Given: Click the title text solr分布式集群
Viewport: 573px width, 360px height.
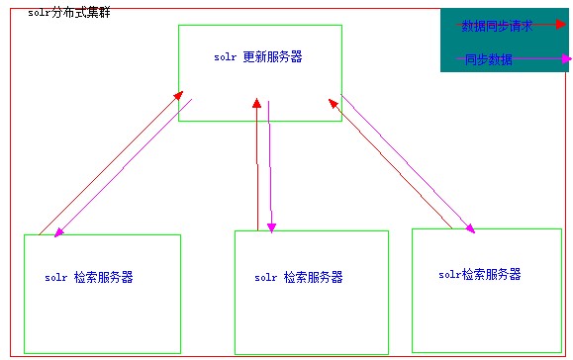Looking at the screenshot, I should point(68,11).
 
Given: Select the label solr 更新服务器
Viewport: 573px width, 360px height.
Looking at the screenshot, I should point(257,57).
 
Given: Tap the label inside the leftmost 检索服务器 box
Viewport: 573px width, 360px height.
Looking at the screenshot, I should point(89,278).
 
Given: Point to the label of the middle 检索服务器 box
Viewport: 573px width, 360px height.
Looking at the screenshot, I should point(299,278).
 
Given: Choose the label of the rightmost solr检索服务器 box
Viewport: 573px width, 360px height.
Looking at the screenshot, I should point(479,274).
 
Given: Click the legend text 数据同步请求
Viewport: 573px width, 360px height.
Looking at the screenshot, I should point(498,27).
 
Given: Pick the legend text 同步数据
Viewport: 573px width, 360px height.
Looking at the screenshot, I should point(489,60).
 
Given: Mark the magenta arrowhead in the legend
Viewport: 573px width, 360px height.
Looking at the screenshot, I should point(565,58).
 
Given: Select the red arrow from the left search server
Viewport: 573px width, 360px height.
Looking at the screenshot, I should point(109,163).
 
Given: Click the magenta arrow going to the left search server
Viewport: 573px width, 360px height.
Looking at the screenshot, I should point(124,168).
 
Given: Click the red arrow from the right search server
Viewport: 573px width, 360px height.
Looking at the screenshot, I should point(396,168).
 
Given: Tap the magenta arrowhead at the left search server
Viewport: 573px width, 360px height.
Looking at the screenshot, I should point(59,233).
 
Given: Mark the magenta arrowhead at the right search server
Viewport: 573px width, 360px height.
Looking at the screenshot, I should point(470,229).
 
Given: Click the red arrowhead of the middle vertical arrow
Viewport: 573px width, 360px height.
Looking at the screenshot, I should point(256,102).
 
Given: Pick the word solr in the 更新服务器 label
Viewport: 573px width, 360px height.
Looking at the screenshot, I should point(225,57).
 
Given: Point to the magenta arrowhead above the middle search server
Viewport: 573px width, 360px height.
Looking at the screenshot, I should point(271,228).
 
